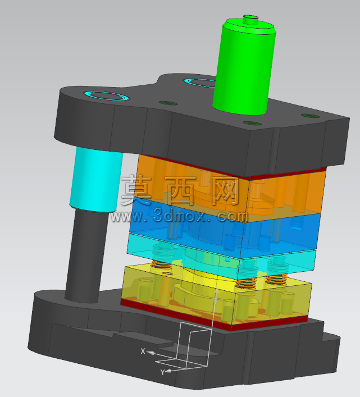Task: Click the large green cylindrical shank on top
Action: tap(244, 67)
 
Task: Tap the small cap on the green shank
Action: tap(250, 20)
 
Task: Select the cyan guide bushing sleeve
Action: tap(96, 179)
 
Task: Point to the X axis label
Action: tap(143, 351)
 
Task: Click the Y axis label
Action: tap(162, 372)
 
